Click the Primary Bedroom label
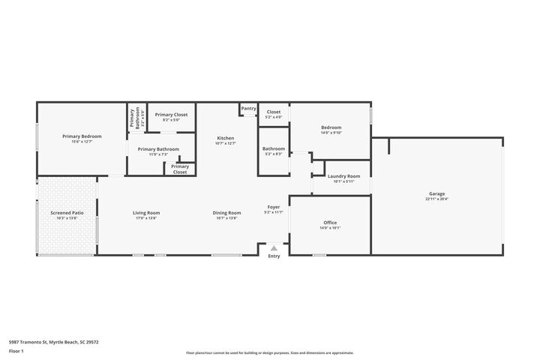click(82, 136)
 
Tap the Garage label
click(437, 193)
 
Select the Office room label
click(330, 223)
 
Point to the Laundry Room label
click(343, 176)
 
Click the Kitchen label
click(226, 138)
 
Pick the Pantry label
click(248, 108)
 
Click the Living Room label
click(146, 213)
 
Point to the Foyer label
click(274, 207)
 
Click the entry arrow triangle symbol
click(274, 247)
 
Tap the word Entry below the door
click(274, 256)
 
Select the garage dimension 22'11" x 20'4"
click(437, 199)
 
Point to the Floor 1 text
click(16, 350)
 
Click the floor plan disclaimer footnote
click(270, 352)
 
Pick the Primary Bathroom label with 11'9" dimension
click(158, 148)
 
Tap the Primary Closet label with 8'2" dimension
click(171, 115)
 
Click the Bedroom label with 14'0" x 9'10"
click(331, 127)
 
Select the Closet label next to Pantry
click(274, 112)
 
